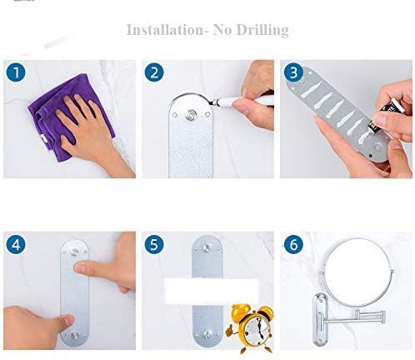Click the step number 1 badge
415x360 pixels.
point(16,72)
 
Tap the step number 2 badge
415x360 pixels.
point(154,72)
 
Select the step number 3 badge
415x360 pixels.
point(293,72)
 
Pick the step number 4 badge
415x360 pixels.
point(16,244)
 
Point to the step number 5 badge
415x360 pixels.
point(154,244)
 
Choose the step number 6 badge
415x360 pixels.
point(293,244)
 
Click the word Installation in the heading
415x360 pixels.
point(165,30)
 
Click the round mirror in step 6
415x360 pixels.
point(357,272)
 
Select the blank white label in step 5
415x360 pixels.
point(212,292)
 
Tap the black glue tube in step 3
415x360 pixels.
point(386,116)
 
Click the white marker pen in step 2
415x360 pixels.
point(242,102)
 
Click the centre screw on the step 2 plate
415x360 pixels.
point(191,115)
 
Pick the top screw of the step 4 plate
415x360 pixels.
point(75,252)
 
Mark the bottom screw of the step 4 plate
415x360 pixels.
point(74,335)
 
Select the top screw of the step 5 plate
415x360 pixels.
point(207,247)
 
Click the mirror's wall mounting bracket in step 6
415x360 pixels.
point(321,319)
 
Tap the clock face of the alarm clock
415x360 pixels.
point(256,330)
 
